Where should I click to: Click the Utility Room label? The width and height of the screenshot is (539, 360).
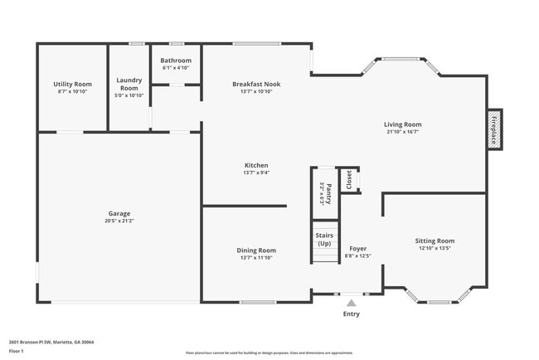(x=72, y=84)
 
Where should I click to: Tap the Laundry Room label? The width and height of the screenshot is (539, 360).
(x=129, y=84)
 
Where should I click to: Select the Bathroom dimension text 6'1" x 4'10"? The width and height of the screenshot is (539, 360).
(x=176, y=68)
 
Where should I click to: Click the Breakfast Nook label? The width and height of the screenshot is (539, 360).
(x=256, y=84)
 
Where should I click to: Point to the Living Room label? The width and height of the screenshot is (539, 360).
(x=402, y=124)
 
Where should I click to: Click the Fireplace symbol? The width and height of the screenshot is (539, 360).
(x=494, y=130)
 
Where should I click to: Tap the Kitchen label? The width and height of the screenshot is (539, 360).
(x=255, y=165)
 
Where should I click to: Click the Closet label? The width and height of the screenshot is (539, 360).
(x=348, y=180)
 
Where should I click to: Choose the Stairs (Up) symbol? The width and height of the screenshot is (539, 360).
(x=324, y=240)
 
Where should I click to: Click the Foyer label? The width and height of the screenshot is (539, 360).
(x=357, y=248)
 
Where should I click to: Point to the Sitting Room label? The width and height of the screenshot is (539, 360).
(x=435, y=241)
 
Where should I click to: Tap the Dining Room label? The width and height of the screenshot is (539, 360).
(x=256, y=250)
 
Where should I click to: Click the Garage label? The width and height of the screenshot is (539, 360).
(x=119, y=213)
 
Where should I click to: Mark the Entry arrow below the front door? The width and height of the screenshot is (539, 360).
(x=352, y=303)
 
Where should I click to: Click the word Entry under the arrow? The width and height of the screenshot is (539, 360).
(x=352, y=314)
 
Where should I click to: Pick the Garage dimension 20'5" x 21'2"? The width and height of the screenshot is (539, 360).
(x=119, y=221)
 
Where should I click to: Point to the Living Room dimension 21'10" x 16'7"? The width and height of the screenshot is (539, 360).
(x=402, y=132)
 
